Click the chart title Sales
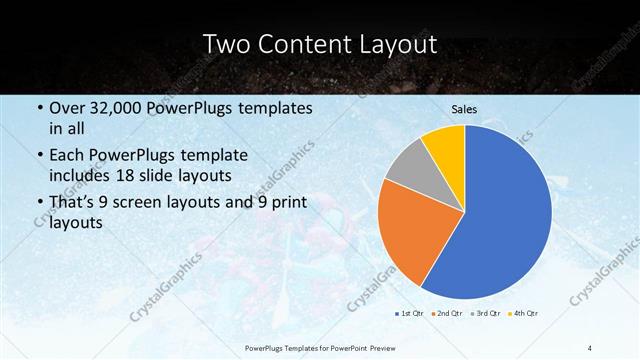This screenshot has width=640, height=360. pos(464,109)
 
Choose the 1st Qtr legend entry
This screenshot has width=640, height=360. pos(409,313)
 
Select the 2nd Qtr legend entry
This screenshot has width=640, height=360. pos(447,313)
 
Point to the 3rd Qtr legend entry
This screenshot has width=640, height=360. pos(486,313)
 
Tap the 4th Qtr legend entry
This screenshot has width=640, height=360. pos(524,313)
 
